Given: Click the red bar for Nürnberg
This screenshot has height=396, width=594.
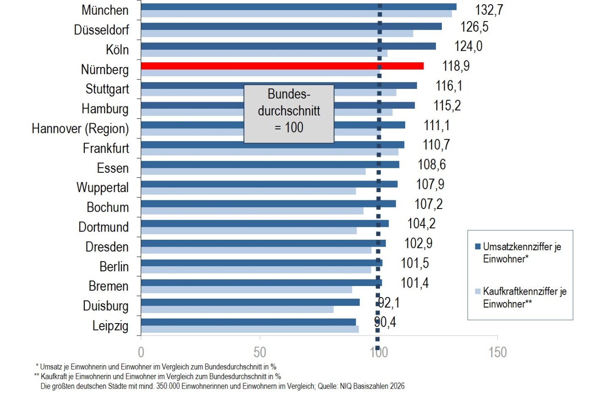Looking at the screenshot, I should pos(282,66).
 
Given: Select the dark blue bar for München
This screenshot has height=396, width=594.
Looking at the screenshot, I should pos(298,6).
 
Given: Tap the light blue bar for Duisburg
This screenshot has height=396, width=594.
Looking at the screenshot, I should pos(237,309).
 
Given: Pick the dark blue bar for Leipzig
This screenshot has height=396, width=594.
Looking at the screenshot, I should pos(248,322).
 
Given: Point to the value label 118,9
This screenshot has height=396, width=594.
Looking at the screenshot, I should pos(456,66).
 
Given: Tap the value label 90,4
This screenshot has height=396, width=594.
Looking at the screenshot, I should pos(385,323).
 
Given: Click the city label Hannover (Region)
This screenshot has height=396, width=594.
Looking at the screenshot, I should pos(80,129).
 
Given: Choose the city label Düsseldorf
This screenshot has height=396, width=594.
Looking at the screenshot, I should pos(101,30).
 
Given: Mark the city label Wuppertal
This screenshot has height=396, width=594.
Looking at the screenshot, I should pos(103,187).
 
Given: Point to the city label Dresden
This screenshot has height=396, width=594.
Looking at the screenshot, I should pos(107,247).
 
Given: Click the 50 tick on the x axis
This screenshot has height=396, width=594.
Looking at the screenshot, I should pos(260,352).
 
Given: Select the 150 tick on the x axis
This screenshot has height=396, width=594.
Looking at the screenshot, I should pos(497,352).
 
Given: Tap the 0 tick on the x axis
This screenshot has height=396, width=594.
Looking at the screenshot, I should pos(141,352).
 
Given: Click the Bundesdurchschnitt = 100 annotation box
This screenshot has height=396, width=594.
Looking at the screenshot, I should pos(289,114).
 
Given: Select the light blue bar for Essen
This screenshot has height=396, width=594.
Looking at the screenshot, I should pos(253,171).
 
